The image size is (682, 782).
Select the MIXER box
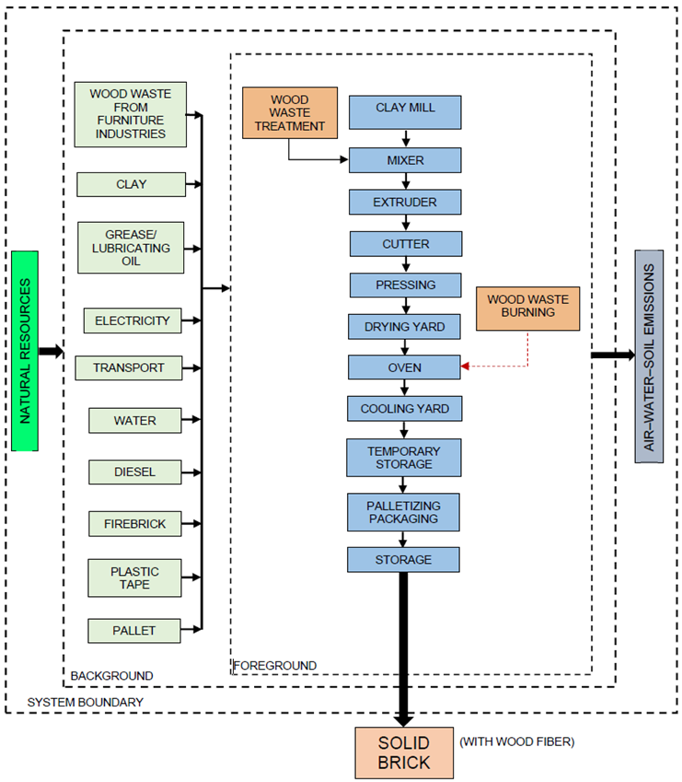click(x=405, y=160)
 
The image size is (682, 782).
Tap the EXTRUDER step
click(x=405, y=202)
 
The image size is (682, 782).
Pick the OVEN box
click(x=404, y=367)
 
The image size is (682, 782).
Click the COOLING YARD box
click(x=404, y=408)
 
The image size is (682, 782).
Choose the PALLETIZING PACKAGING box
click(x=404, y=512)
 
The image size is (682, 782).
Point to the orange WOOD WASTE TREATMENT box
click(x=289, y=112)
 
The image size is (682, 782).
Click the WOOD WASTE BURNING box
click(x=527, y=307)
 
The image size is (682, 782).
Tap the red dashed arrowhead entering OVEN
click(x=466, y=367)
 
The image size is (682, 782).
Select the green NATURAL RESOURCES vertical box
click(x=25, y=351)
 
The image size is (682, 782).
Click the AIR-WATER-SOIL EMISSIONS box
click(x=649, y=356)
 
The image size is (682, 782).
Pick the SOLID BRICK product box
click(x=404, y=753)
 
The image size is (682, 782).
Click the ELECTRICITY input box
click(x=133, y=321)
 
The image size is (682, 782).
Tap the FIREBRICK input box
click(x=134, y=523)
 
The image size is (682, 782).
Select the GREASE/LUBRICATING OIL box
click(x=131, y=248)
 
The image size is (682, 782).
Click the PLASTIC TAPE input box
click(x=134, y=578)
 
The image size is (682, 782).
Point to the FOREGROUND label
click(x=274, y=665)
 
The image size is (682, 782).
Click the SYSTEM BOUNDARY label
click(x=85, y=702)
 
